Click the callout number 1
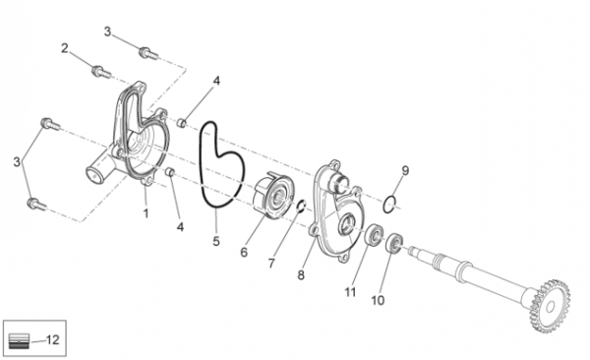(146, 213)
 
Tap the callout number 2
(65, 48)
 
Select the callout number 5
(216, 241)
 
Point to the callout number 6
(244, 253)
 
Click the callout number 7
(271, 264)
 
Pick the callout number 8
(301, 274)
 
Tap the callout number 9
(405, 170)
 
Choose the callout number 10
(378, 300)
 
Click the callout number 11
(350, 292)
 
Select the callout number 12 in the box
(53, 339)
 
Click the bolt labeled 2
(101, 71)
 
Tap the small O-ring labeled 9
(389, 204)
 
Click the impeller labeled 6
(272, 195)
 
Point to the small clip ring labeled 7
(302, 206)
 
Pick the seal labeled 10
(394, 243)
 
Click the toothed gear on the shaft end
(550, 306)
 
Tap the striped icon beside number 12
(19, 340)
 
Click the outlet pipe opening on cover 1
(94, 175)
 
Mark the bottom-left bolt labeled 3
(36, 205)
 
